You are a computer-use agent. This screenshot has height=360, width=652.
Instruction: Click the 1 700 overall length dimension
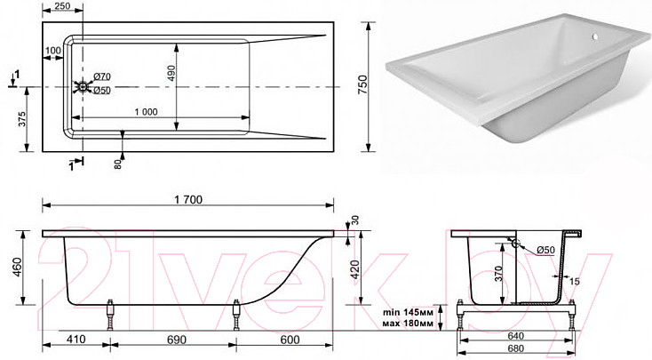click(x=188, y=200)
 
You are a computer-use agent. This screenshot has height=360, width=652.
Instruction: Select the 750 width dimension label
click(x=362, y=84)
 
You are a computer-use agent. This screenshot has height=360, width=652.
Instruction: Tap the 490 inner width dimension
click(x=171, y=74)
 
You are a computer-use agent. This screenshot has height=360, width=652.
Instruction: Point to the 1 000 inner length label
click(x=146, y=112)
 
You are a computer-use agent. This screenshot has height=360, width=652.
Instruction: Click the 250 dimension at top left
click(x=62, y=6)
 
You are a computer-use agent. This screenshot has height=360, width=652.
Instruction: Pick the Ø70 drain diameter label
click(x=102, y=76)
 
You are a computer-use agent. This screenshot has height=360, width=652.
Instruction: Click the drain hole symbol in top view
click(x=83, y=87)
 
